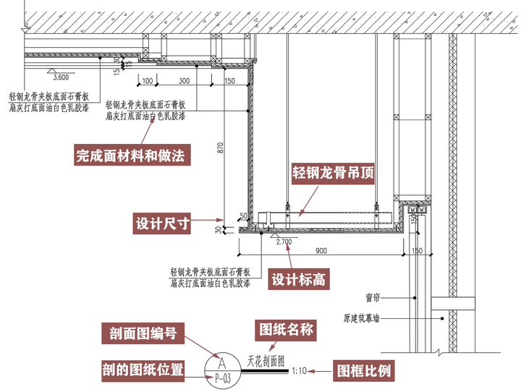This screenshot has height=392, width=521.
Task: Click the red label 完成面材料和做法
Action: [132, 155]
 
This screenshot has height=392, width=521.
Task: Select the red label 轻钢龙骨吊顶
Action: [334, 173]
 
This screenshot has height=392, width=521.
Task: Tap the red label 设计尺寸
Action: [162, 223]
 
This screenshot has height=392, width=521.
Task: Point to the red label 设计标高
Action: [297, 279]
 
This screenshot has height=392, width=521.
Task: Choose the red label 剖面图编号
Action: [143, 333]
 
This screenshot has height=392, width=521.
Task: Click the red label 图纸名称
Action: [286, 330]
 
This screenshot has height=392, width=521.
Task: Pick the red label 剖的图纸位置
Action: [142, 370]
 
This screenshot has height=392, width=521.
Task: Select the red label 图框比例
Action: [364, 371]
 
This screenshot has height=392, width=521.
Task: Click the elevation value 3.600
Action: [62, 77]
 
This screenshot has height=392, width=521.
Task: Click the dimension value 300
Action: [184, 80]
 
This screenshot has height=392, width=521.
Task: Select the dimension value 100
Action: [148, 80]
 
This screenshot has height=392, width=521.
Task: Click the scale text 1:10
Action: [299, 371]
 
